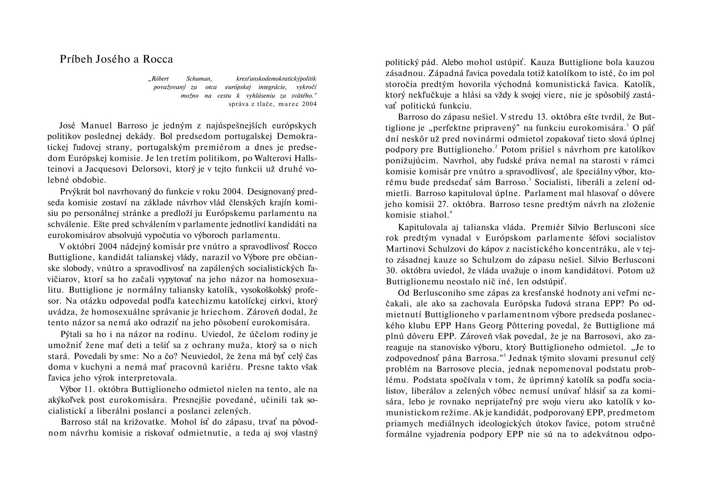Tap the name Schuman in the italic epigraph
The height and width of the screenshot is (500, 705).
pos(199,79)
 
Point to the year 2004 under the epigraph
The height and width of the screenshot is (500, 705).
pos(309,104)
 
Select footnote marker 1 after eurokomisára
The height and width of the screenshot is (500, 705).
pos(628,126)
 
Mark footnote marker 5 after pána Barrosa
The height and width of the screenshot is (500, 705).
pos(505,356)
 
